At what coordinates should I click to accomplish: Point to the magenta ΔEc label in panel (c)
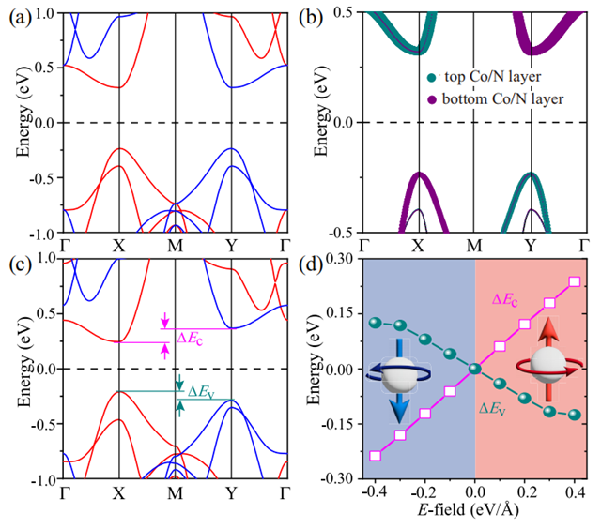[193, 336]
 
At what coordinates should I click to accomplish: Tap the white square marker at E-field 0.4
[575, 281]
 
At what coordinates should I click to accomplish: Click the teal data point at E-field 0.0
[475, 369]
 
